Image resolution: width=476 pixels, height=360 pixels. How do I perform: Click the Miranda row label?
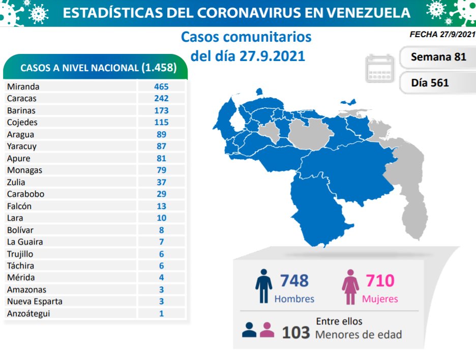[23, 86]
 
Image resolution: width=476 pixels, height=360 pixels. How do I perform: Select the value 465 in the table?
[161, 86]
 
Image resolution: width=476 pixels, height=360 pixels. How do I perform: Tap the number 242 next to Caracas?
[161, 98]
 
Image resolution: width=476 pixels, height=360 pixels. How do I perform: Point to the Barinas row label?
[21, 110]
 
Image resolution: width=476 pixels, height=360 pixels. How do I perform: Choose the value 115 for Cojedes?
[161, 122]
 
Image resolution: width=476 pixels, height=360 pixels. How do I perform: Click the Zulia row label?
[16, 182]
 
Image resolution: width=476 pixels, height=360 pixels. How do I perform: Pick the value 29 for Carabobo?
[161, 194]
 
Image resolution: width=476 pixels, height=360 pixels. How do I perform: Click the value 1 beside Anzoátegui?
[161, 313]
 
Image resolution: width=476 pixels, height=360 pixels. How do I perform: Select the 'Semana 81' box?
[438, 57]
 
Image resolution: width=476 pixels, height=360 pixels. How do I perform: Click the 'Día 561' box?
[430, 82]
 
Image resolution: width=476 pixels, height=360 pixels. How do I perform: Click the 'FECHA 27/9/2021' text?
[442, 35]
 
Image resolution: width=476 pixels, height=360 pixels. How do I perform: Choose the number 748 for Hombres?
[294, 281]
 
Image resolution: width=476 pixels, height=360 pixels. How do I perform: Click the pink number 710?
[380, 281]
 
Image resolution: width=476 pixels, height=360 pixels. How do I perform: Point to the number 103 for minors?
[295, 333]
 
